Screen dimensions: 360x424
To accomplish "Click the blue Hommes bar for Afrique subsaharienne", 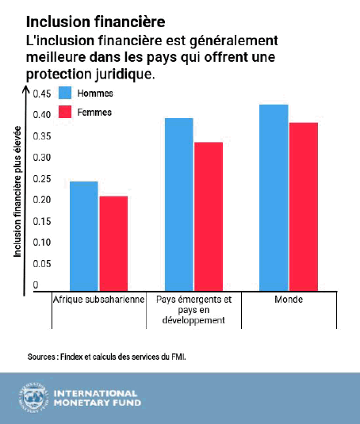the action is point(84,236).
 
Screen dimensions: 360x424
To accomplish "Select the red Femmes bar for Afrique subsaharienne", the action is point(113,243).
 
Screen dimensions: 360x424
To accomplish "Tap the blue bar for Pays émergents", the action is point(178,204).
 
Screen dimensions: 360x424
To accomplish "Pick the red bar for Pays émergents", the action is point(209,216).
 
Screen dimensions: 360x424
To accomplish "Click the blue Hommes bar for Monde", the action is point(274,197).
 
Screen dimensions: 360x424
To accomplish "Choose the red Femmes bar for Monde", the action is point(304,207).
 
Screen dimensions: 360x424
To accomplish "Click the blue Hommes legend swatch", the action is point(65,93).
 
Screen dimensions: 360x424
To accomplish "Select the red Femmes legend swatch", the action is point(65,112).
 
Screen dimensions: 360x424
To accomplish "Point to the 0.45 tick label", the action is point(42,94).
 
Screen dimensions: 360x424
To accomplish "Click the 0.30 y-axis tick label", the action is point(42,158).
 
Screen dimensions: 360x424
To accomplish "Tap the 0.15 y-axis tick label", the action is point(42,221).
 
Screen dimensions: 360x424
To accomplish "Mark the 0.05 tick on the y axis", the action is point(42,263).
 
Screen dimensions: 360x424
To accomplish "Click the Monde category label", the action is point(289,300).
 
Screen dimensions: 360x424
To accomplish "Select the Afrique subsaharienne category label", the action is point(99,300).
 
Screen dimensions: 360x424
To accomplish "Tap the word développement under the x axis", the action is point(193,320).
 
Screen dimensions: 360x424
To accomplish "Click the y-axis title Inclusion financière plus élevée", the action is point(17,192).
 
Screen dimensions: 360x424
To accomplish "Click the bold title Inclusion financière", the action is point(95,21).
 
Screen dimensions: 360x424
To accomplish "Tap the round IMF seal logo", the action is point(33,398).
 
